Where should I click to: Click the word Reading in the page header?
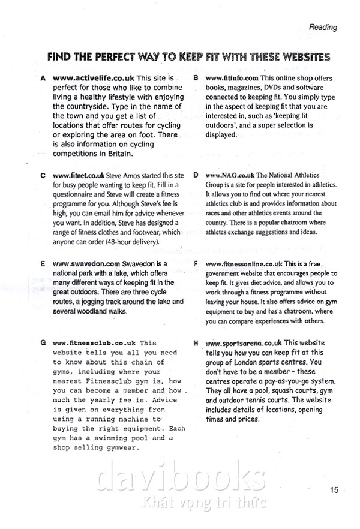323,27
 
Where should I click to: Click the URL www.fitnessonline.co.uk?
244,263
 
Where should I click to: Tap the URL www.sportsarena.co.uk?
244,343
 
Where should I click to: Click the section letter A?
43,79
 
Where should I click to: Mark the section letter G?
43,343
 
